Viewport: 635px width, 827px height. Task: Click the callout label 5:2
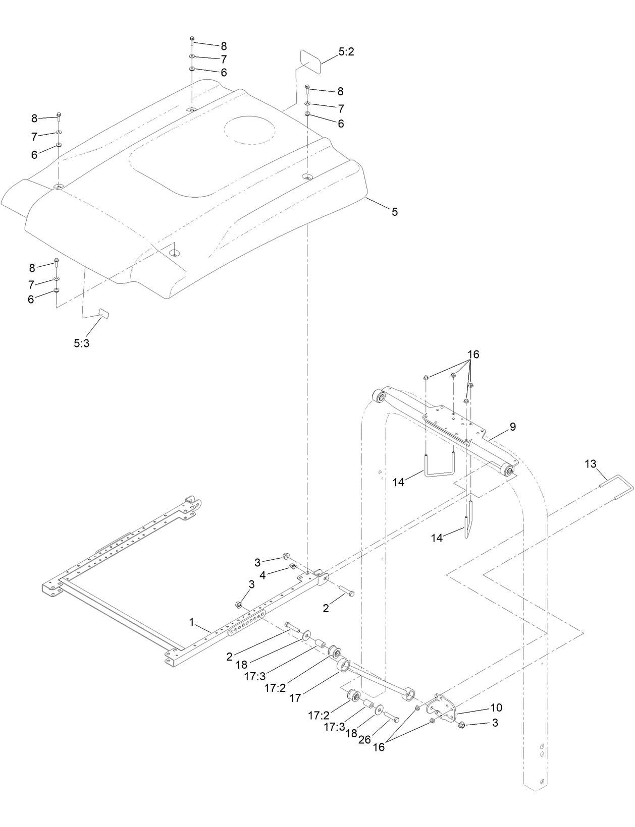pos(346,52)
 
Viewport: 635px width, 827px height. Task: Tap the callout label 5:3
pos(82,343)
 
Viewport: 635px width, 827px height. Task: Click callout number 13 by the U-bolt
pos(590,463)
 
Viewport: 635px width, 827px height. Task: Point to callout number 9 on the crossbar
pos(512,427)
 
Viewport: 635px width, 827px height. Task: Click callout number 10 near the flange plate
pos(495,707)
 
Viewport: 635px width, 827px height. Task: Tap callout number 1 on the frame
pos(192,622)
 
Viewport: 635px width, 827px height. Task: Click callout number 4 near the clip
pos(262,574)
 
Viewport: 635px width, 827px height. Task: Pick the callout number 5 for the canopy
pos(395,212)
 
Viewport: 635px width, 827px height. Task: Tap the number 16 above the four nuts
pos(472,355)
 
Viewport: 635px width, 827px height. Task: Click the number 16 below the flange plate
pos(379,747)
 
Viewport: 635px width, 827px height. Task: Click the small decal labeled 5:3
pos(103,313)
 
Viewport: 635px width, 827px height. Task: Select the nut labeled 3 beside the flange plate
pos(461,725)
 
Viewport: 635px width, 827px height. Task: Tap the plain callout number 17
pos(295,698)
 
